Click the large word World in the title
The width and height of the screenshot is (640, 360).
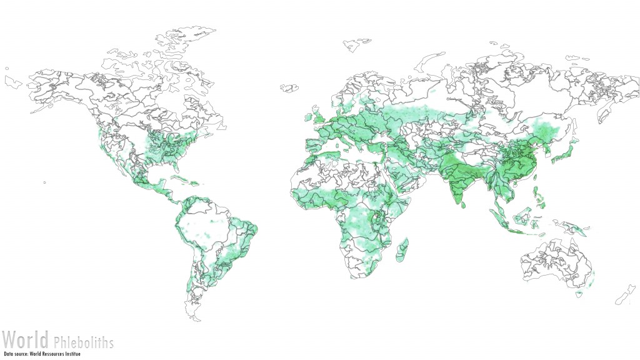click(25, 341)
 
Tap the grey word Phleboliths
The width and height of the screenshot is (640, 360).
click(83, 342)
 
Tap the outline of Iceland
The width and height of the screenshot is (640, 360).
click(289, 87)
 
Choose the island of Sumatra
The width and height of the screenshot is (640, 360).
click(497, 219)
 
